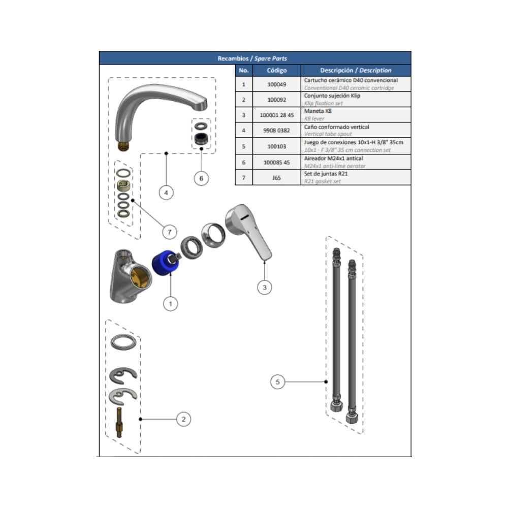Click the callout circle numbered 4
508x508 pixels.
point(166,193)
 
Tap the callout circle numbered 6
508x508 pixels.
point(201,178)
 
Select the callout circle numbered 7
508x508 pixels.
point(170,232)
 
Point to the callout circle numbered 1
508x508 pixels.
point(170,304)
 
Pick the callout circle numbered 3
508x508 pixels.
point(265,288)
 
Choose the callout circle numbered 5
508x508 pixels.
point(278,382)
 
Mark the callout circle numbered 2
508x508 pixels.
point(184,419)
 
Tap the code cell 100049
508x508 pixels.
point(277,84)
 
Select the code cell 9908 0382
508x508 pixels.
point(277,130)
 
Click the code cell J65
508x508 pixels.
point(277,177)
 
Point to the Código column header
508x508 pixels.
point(277,70)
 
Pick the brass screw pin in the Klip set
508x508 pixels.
point(119,422)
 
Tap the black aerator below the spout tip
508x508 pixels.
point(201,138)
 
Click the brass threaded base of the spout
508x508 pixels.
point(123,145)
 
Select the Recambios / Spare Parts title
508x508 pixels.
point(252,58)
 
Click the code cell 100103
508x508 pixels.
point(277,146)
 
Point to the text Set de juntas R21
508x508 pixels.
point(326,174)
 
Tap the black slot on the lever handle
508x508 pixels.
point(245,217)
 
